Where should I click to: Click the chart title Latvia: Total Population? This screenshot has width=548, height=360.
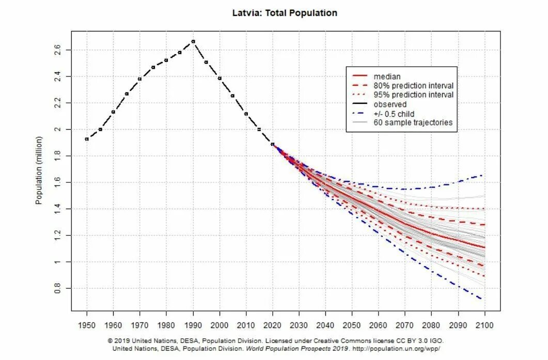click(x=285, y=13)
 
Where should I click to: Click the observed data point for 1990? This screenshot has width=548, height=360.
click(x=193, y=41)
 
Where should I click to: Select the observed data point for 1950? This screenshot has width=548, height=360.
click(x=87, y=139)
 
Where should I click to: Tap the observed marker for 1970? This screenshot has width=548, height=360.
click(x=139, y=79)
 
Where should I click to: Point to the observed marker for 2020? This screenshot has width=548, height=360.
click(x=272, y=144)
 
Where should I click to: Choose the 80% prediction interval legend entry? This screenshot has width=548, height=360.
click(x=413, y=86)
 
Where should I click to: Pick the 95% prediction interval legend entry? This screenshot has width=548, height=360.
click(x=413, y=95)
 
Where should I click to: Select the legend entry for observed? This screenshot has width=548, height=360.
click(x=390, y=104)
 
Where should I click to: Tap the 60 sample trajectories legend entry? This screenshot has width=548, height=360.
click(x=413, y=122)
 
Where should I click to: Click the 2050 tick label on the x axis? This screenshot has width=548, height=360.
click(x=352, y=326)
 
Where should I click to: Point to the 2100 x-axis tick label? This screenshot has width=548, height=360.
click(x=484, y=326)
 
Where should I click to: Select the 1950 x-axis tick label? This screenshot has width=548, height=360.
click(x=87, y=326)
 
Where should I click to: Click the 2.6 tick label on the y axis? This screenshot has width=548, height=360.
click(x=57, y=50)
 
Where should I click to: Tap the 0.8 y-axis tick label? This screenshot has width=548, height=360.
click(x=57, y=288)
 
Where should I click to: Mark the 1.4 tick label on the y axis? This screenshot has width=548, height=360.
click(x=57, y=209)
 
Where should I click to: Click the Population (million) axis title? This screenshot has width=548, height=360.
click(x=39, y=170)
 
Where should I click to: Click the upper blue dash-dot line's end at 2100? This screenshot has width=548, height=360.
click(x=482, y=175)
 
